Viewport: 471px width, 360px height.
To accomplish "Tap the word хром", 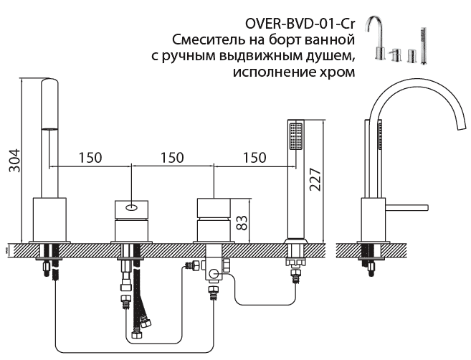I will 341,72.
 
